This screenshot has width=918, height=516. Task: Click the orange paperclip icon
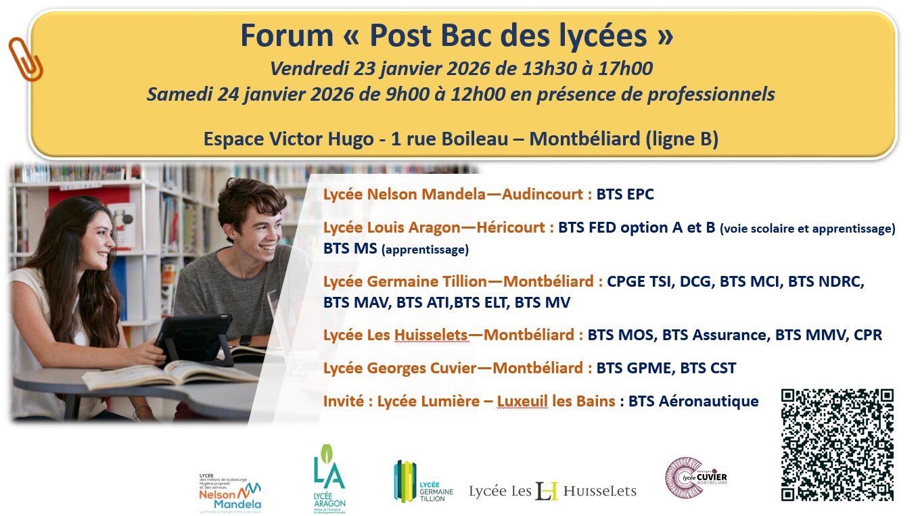click(x=26, y=60)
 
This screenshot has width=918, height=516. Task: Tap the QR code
click(x=837, y=445)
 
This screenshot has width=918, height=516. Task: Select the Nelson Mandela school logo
click(x=230, y=494)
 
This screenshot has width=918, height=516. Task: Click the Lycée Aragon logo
click(x=329, y=479)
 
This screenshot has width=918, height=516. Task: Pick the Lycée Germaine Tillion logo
click(x=423, y=482)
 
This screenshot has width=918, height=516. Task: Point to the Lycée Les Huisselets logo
click(x=553, y=491)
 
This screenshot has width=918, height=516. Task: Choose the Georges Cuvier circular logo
click(x=696, y=477)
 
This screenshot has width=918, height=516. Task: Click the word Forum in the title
click(x=287, y=36)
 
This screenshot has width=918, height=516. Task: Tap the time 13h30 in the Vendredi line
click(x=549, y=68)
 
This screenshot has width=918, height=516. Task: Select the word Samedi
click(x=180, y=94)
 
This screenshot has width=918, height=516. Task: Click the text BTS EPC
click(x=625, y=194)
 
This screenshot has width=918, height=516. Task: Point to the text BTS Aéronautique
click(x=693, y=401)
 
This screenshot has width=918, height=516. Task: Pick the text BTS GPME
click(x=634, y=368)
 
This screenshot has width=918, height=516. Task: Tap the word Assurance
click(x=729, y=335)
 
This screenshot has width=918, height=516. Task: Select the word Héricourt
click(x=510, y=227)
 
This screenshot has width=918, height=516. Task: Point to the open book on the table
click(x=170, y=374)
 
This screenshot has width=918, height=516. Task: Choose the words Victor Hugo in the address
click(x=321, y=139)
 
